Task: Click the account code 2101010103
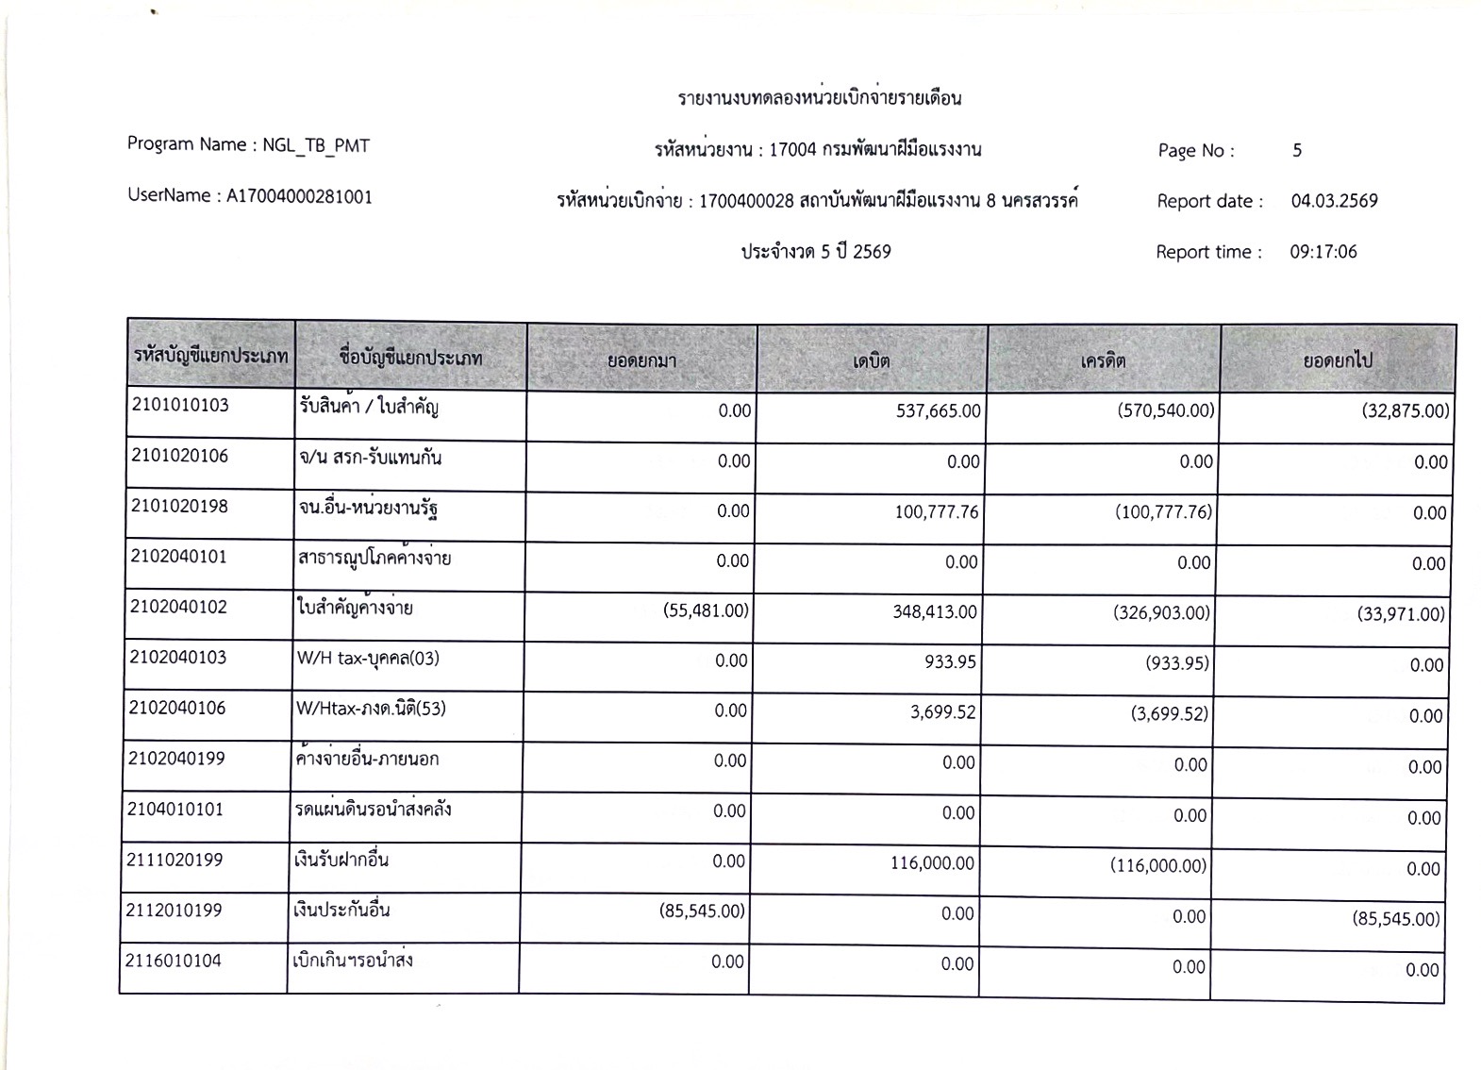click(179, 406)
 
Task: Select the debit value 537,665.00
click(938, 410)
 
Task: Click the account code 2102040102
click(179, 607)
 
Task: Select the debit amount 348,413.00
click(934, 611)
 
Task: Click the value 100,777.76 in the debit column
click(936, 511)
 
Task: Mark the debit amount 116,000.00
click(932, 863)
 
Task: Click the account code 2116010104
click(174, 961)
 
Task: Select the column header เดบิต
click(871, 360)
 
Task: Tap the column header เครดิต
click(1103, 360)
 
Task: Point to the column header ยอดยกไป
click(1337, 360)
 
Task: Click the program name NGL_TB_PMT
click(316, 145)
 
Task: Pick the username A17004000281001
click(299, 196)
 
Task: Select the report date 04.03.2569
click(1334, 201)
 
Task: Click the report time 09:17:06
click(1323, 252)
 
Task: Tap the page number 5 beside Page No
click(1297, 150)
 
